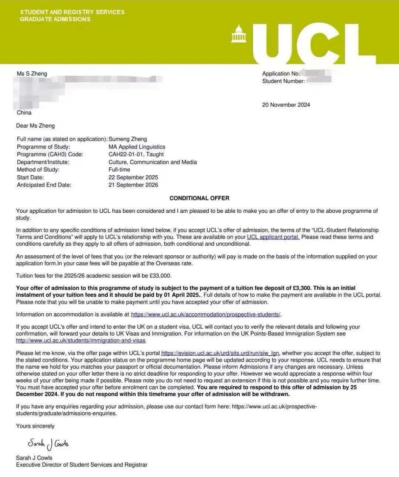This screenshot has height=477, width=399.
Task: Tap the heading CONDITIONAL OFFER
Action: point(199,198)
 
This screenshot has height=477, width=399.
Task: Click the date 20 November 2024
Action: point(286,105)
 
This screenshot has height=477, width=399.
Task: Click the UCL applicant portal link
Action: point(273,237)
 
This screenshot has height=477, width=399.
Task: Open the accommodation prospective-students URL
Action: point(206,315)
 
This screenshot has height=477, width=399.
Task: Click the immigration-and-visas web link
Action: point(81,340)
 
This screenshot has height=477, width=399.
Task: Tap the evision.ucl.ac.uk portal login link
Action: point(220,353)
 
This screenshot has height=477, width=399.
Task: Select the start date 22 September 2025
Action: point(133,177)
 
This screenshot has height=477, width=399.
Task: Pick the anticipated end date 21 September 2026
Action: point(133,185)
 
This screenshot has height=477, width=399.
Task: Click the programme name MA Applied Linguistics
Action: point(137,147)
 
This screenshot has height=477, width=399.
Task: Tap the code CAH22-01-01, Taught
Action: point(136,154)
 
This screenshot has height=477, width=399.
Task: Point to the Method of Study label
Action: point(38,169)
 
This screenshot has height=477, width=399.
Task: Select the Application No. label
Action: point(281,74)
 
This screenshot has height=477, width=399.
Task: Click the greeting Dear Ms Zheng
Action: point(35,126)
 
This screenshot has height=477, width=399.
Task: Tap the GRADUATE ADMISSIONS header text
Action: point(55,19)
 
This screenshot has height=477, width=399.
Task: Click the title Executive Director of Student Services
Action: point(81,465)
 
